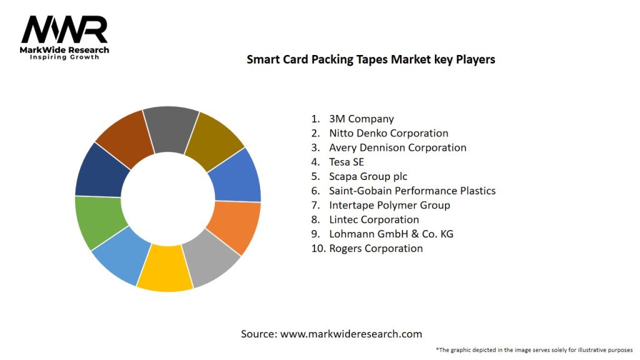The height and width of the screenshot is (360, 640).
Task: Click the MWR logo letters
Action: (64, 31)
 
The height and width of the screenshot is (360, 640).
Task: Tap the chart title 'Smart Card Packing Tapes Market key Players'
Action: (371, 59)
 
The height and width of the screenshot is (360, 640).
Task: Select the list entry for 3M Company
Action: (361, 119)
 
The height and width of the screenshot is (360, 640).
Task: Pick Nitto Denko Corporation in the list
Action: (388, 133)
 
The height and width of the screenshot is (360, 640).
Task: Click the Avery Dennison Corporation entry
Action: (397, 147)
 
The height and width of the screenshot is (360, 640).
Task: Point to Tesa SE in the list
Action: (346, 162)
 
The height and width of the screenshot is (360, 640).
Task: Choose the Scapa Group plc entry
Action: (368, 176)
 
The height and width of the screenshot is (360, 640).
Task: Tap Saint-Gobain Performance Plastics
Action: (412, 191)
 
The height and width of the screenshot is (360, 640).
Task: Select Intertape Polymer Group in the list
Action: (389, 205)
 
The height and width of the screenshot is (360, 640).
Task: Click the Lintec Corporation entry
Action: (374, 219)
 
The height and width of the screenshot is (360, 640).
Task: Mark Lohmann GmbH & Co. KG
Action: (391, 234)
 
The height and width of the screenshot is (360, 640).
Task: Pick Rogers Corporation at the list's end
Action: (376, 248)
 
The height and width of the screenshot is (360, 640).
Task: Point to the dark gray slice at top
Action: (170, 128)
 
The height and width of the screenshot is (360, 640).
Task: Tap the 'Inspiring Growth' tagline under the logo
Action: (64, 57)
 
